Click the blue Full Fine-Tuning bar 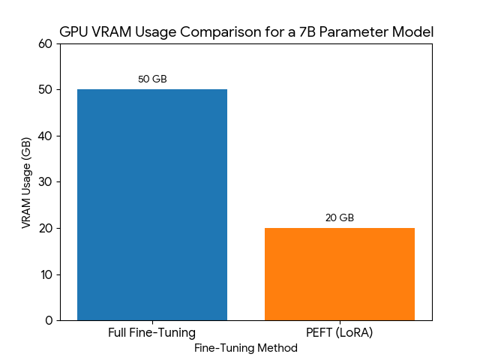pyautogui.click(x=152, y=205)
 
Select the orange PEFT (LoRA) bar pyautogui.click(x=340, y=274)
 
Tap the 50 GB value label pyautogui.click(x=152, y=79)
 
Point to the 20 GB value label pyautogui.click(x=340, y=218)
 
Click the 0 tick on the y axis pyautogui.click(x=49, y=320)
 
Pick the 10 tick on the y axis pyautogui.click(x=46, y=274)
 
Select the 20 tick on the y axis pyautogui.click(x=46, y=228)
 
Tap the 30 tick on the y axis pyautogui.click(x=46, y=181)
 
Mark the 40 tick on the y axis pyautogui.click(x=46, y=136)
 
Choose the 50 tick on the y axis pyautogui.click(x=46, y=89)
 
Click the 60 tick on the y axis pyautogui.click(x=46, y=43)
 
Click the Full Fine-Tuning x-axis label pyautogui.click(x=152, y=332)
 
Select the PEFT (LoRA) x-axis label pyautogui.click(x=340, y=332)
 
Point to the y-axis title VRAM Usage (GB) pyautogui.click(x=26, y=182)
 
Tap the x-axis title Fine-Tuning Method pyautogui.click(x=246, y=348)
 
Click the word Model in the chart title pyautogui.click(x=414, y=32)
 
